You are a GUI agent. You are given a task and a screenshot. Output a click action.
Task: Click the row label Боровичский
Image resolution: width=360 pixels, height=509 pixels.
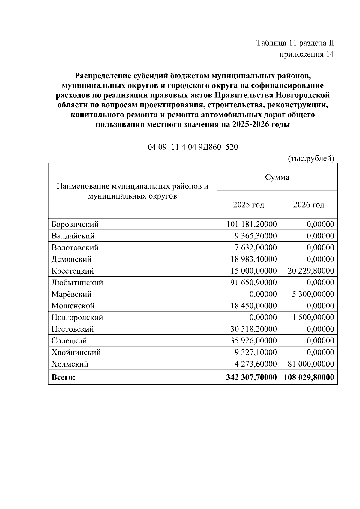75,224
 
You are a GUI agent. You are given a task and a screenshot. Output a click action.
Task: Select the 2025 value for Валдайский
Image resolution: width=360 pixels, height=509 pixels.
256,236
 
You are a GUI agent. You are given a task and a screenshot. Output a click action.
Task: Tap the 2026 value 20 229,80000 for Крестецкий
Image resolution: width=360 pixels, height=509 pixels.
311,271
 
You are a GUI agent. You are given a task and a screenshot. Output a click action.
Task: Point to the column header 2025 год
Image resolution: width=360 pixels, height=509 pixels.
248,205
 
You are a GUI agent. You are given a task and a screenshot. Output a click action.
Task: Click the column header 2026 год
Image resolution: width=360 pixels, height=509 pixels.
309,205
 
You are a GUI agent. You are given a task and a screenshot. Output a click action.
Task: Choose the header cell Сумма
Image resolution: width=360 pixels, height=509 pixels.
277,177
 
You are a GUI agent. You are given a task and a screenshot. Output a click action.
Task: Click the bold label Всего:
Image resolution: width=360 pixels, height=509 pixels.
64,377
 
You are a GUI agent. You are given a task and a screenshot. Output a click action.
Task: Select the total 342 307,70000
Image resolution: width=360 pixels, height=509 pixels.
251,377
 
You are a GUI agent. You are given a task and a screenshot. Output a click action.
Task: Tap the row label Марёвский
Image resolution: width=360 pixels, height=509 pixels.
71,294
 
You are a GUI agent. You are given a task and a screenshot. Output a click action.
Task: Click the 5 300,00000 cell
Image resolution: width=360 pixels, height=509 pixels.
313,294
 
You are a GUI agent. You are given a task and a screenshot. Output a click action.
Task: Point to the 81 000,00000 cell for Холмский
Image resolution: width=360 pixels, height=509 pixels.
311,364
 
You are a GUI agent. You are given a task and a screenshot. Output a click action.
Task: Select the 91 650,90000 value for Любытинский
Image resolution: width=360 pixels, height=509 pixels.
253,283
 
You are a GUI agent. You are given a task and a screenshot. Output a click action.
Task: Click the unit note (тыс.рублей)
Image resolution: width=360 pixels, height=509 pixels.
311,158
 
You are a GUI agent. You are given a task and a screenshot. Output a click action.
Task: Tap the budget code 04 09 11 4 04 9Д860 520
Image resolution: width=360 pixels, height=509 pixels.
193,147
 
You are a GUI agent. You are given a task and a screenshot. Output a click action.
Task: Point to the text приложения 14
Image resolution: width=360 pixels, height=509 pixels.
307,54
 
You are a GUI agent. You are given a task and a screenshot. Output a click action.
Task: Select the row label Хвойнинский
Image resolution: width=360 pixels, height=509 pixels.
76,352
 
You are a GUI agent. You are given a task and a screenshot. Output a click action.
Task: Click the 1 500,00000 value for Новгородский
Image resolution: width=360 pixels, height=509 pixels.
313,317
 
